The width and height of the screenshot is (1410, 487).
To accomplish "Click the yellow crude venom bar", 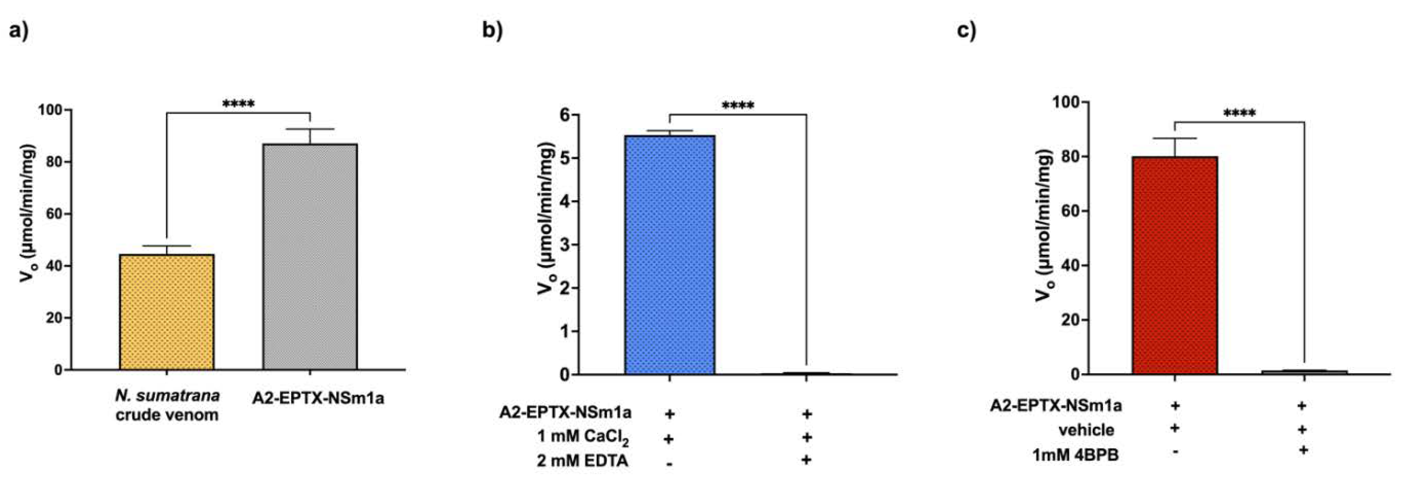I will pos(167,312).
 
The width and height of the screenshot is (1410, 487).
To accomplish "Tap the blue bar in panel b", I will pos(669,255).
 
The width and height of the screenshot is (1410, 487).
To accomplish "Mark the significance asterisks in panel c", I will pos(1239,113).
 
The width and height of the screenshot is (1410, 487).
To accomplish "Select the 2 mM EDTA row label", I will pos(582,461).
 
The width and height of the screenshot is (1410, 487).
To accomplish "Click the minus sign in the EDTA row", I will pos(669,463).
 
